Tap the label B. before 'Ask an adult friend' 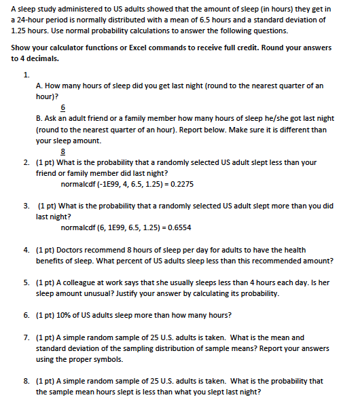click(39, 118)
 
